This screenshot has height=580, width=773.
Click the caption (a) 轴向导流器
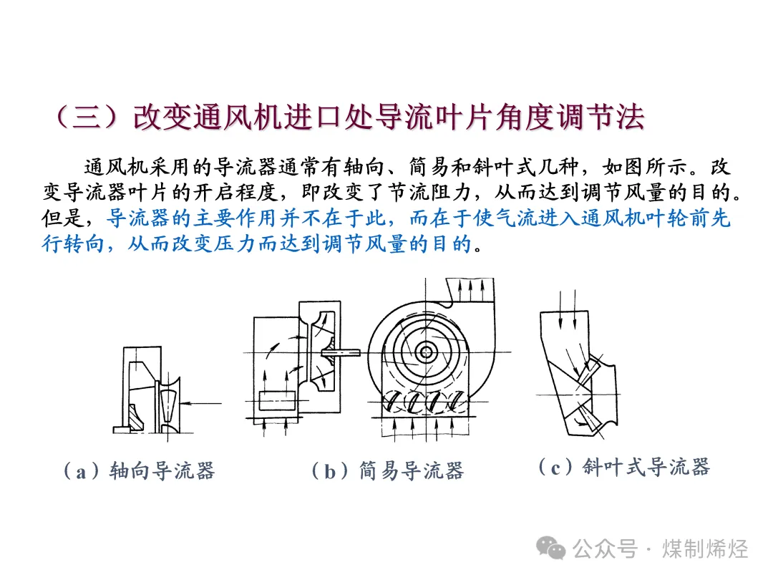[140, 471]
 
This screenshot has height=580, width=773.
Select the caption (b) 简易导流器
[388, 471]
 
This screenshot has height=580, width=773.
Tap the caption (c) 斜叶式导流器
[624, 467]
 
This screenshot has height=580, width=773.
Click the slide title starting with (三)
[349, 117]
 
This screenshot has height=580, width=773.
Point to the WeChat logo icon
[550, 548]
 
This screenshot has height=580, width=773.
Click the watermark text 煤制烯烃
[705, 549]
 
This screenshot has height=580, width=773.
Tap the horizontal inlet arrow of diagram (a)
[201, 403]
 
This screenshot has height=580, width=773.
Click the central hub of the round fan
[425, 352]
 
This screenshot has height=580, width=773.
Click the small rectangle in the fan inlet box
[277, 400]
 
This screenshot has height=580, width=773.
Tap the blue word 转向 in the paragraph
[84, 243]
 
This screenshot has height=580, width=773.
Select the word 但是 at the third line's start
[62, 218]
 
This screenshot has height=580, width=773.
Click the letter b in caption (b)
[330, 472]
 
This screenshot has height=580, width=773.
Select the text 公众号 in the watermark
[605, 549]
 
